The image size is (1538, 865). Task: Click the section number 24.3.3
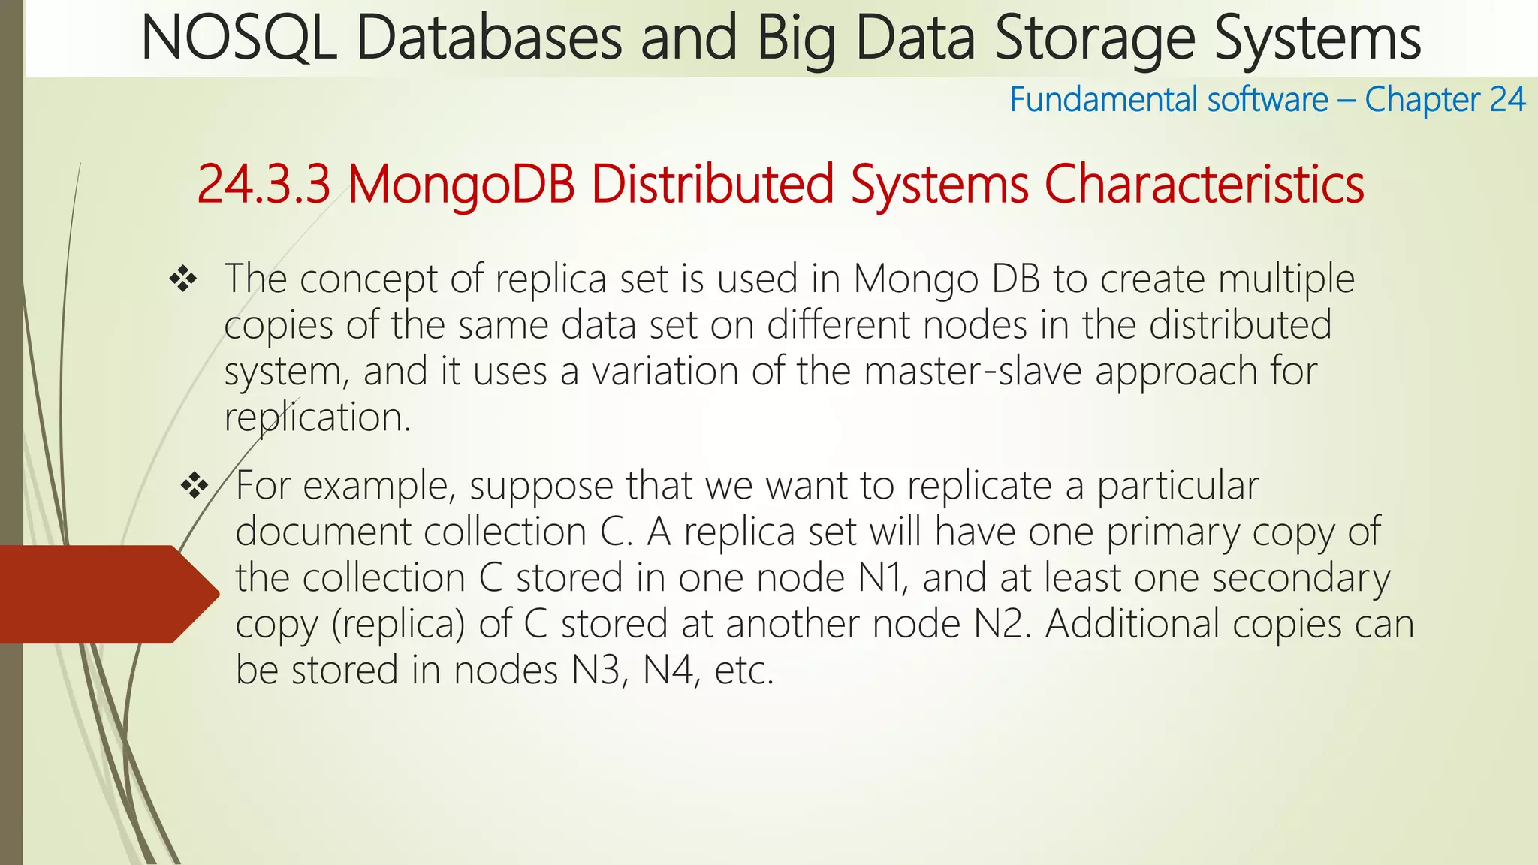pyautogui.click(x=263, y=185)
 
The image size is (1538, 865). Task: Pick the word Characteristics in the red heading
pyautogui.click(x=1204, y=185)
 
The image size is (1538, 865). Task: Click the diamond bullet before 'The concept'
pyautogui.click(x=183, y=280)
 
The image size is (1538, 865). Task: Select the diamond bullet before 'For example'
pyautogui.click(x=195, y=487)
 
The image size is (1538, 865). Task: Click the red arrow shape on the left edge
pyautogui.click(x=105, y=594)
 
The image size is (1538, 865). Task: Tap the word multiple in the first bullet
pyautogui.click(x=1286, y=280)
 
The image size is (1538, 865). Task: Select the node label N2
pyautogui.click(x=998, y=625)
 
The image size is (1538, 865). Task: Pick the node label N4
pyautogui.click(x=668, y=671)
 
